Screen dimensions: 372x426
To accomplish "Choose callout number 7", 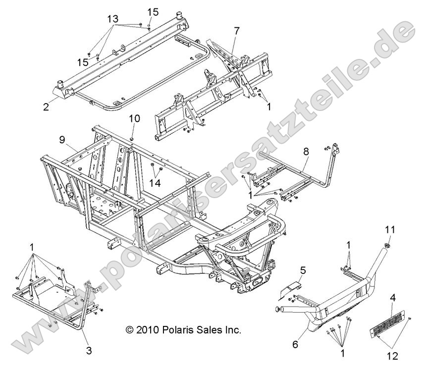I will [237, 31].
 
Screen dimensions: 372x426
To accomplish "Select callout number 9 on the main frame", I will [62, 140].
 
